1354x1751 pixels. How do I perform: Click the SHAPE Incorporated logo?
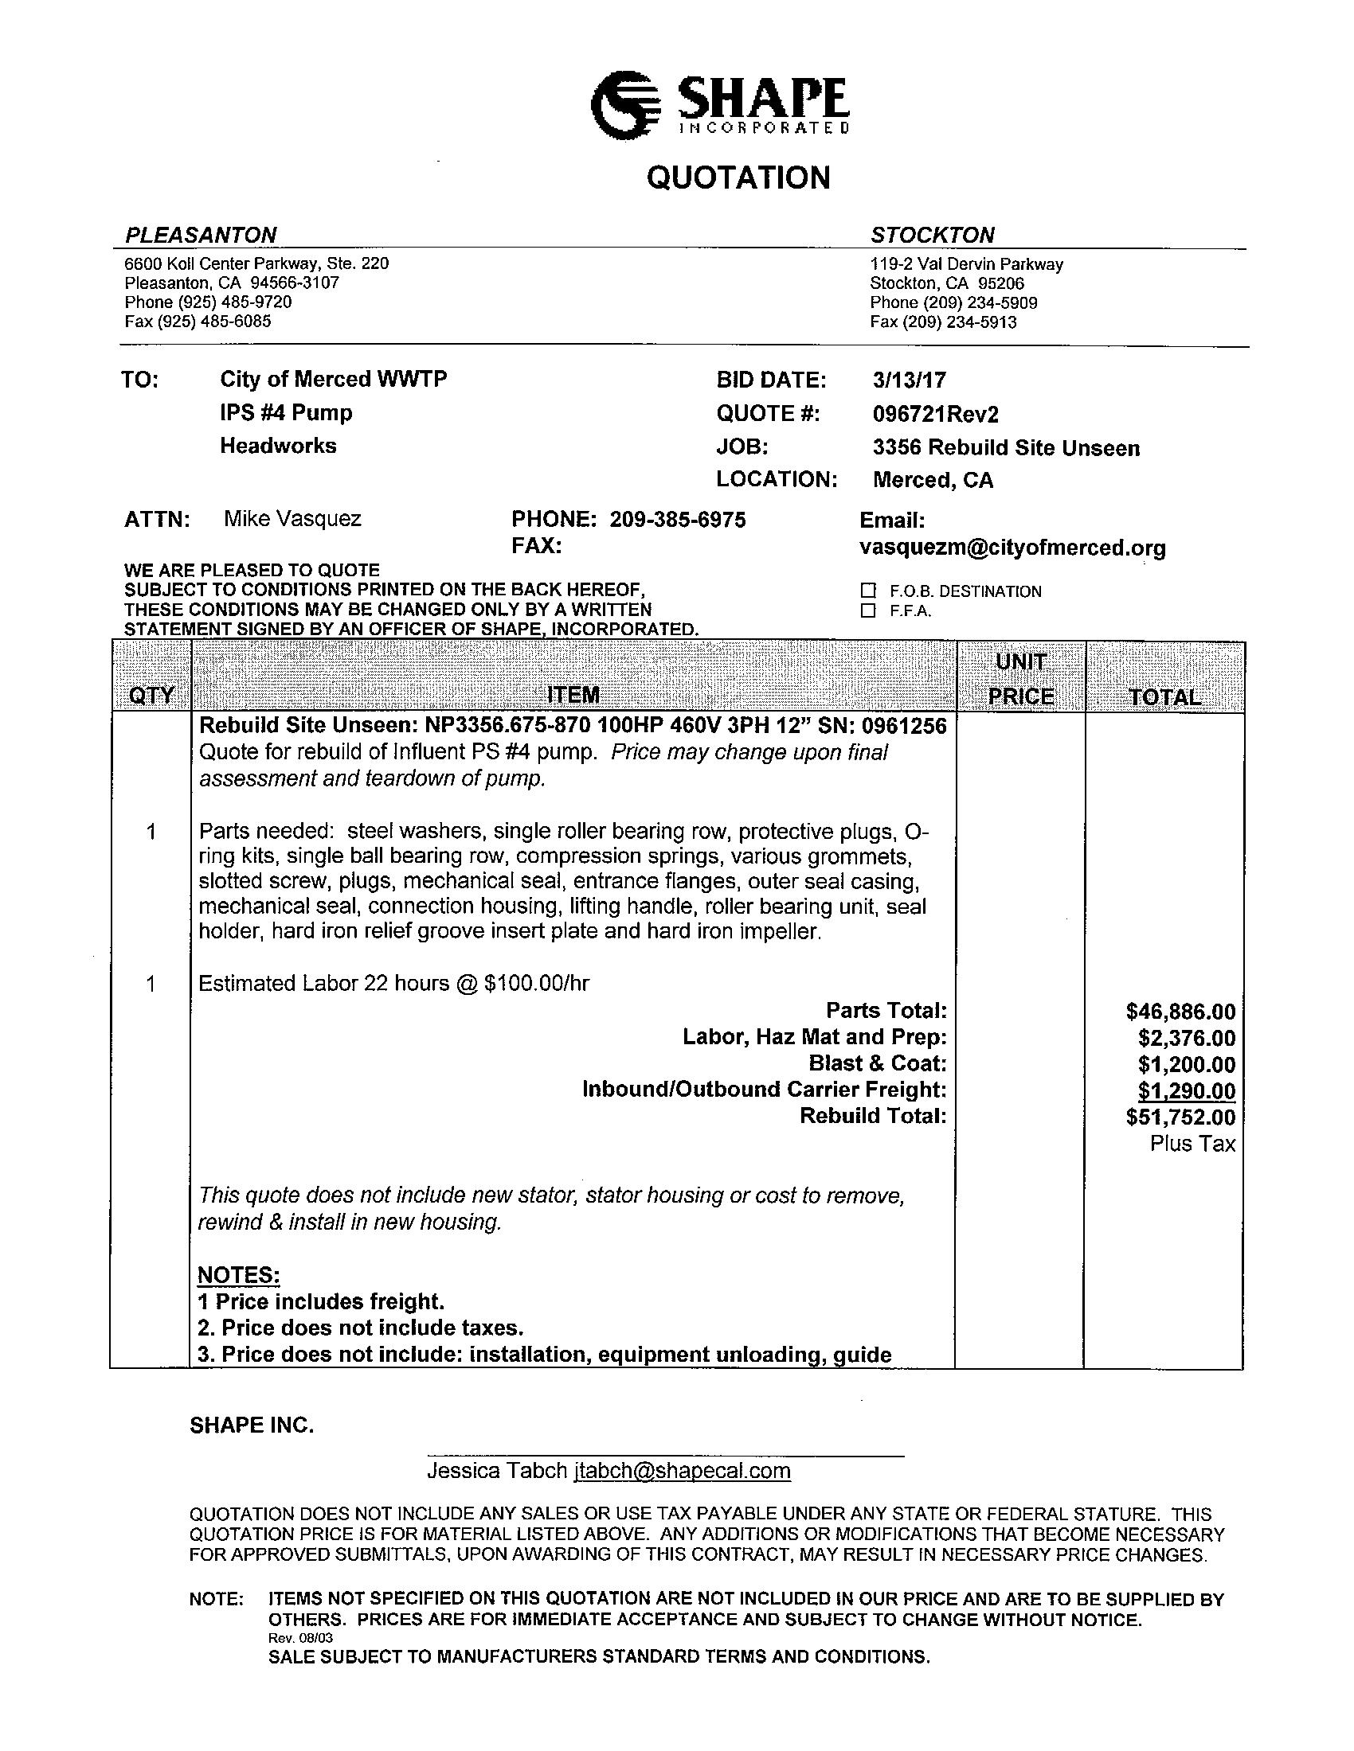click(x=719, y=104)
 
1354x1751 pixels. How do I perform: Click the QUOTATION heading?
click(x=738, y=177)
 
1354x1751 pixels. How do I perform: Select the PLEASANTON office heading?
click(x=201, y=235)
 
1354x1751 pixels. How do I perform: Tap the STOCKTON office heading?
click(x=932, y=235)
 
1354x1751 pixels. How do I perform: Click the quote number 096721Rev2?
click(x=935, y=414)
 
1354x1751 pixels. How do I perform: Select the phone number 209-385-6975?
click(x=678, y=520)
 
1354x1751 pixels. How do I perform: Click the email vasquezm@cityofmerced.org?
click(x=1012, y=548)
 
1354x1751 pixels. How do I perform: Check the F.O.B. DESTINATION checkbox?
click(x=868, y=591)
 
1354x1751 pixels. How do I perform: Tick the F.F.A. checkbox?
click(x=868, y=611)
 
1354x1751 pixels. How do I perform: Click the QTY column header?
click(x=151, y=694)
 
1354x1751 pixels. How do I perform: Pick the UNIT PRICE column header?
click(x=1020, y=679)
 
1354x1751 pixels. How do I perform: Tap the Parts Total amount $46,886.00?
click(x=1180, y=1012)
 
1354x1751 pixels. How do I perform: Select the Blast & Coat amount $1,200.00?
click(x=1187, y=1065)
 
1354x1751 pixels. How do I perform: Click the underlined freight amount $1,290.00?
click(x=1187, y=1091)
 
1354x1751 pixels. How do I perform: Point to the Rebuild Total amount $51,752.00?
click(x=1180, y=1117)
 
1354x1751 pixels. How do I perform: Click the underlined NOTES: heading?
click(x=238, y=1275)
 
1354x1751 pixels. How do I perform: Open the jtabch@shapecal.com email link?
click(x=682, y=1470)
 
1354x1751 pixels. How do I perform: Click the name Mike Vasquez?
click(x=292, y=519)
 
